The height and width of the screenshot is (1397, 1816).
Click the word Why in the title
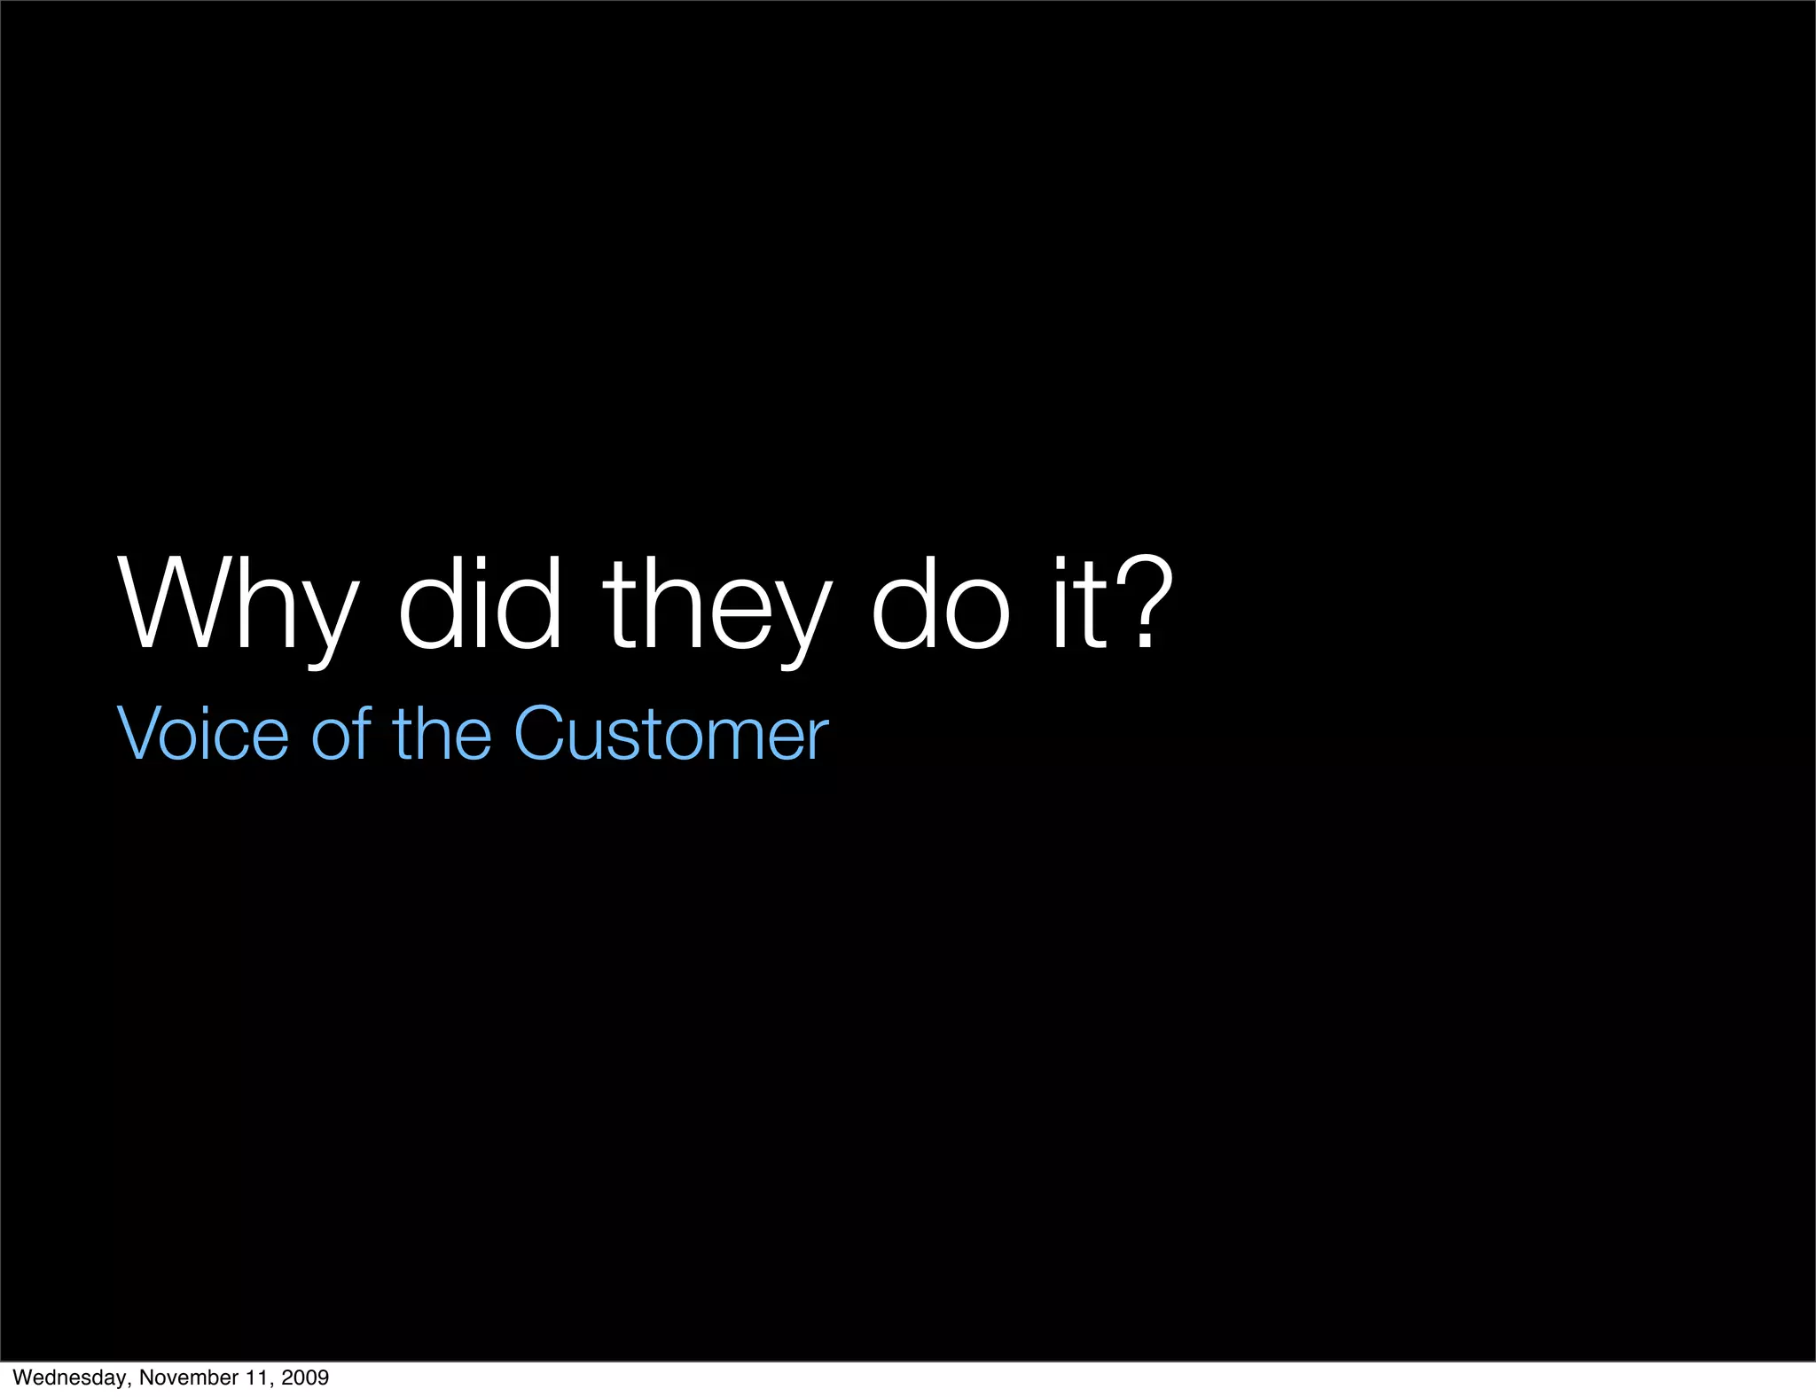(238, 606)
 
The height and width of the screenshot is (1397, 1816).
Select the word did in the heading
(480, 605)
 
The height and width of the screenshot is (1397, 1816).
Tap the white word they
(717, 606)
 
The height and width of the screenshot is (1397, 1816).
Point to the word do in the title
(941, 605)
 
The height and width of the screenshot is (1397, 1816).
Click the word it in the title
(1080, 605)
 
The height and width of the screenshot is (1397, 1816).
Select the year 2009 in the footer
(305, 1377)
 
